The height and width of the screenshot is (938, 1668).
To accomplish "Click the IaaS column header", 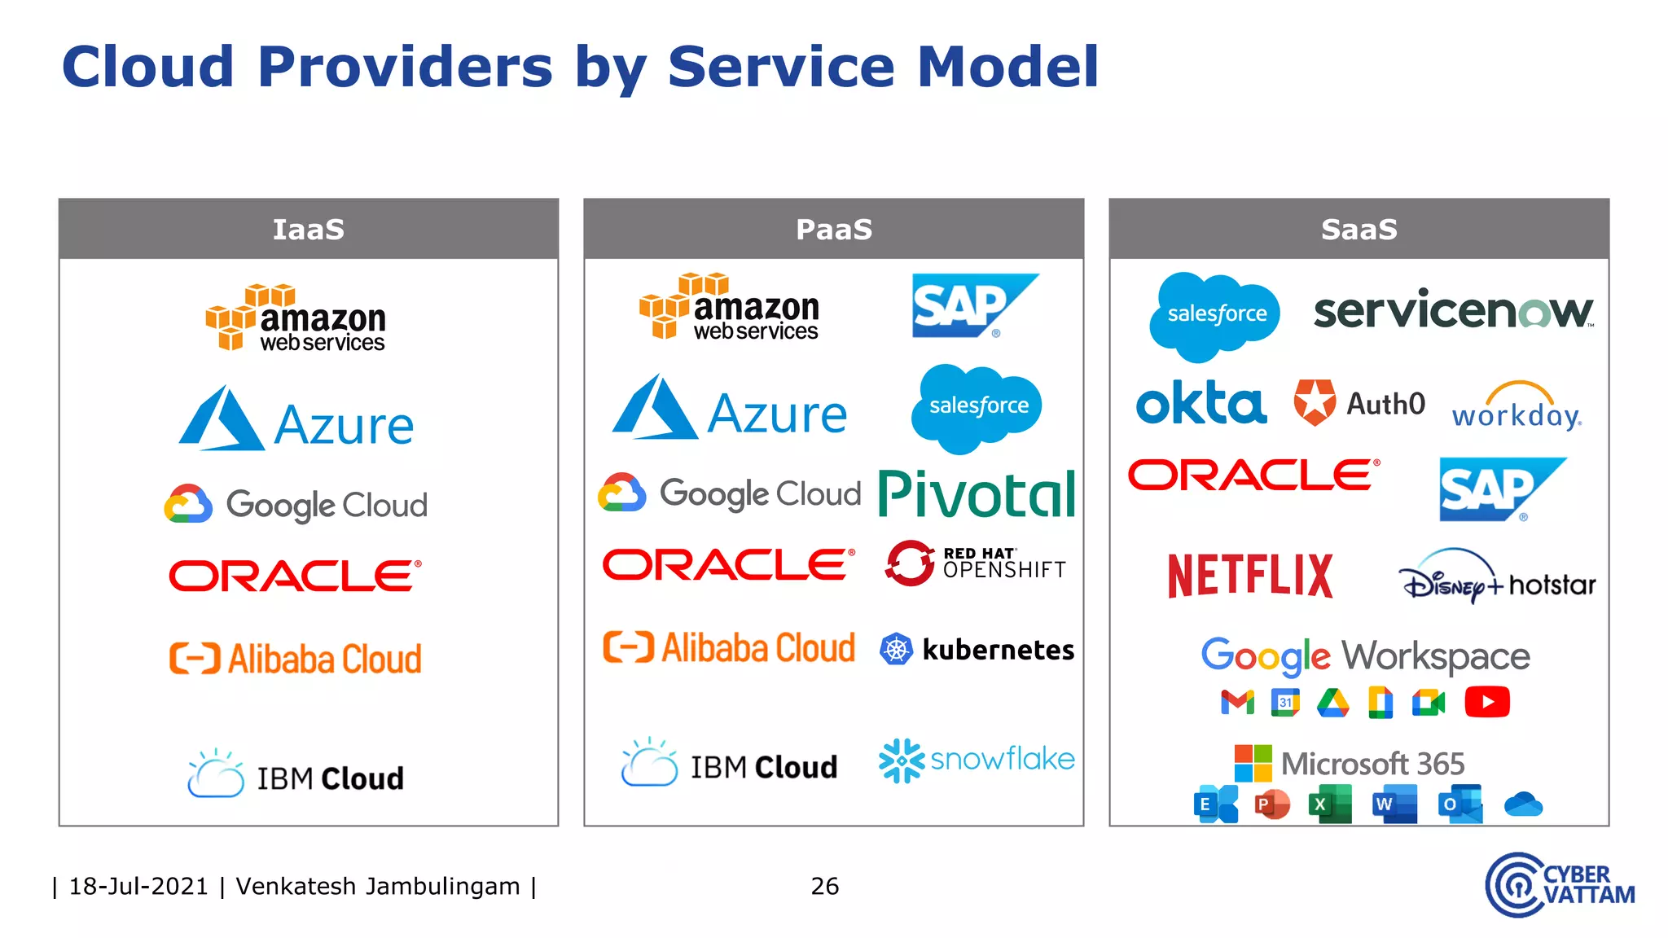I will coord(308,230).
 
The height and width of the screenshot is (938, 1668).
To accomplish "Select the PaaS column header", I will coord(833,230).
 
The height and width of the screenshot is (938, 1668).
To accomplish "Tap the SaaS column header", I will coord(1359,230).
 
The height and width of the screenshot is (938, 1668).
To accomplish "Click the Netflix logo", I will coord(1250,576).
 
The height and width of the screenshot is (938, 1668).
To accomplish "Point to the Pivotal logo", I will coord(977,494).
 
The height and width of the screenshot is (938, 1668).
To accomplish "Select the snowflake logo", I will coord(977,760).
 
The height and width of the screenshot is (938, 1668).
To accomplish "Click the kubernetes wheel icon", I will coord(896,649).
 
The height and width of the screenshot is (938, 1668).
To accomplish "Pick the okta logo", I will coord(1201,403).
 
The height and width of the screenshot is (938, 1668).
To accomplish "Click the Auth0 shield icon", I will coord(1315,402).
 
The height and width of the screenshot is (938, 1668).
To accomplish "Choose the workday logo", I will coord(1517,407).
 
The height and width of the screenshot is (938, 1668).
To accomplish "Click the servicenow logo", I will coord(1453,311).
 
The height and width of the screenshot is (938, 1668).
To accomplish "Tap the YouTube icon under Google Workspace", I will coord(1486,702).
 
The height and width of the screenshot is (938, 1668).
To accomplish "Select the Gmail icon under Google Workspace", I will coord(1237,702).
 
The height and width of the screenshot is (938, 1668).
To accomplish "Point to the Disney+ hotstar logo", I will coord(1497,580).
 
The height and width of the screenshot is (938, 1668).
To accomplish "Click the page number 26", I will coord(824,886).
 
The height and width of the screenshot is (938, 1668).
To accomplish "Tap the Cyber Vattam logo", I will coord(1559,885).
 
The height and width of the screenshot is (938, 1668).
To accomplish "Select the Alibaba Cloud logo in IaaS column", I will coord(296,659).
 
